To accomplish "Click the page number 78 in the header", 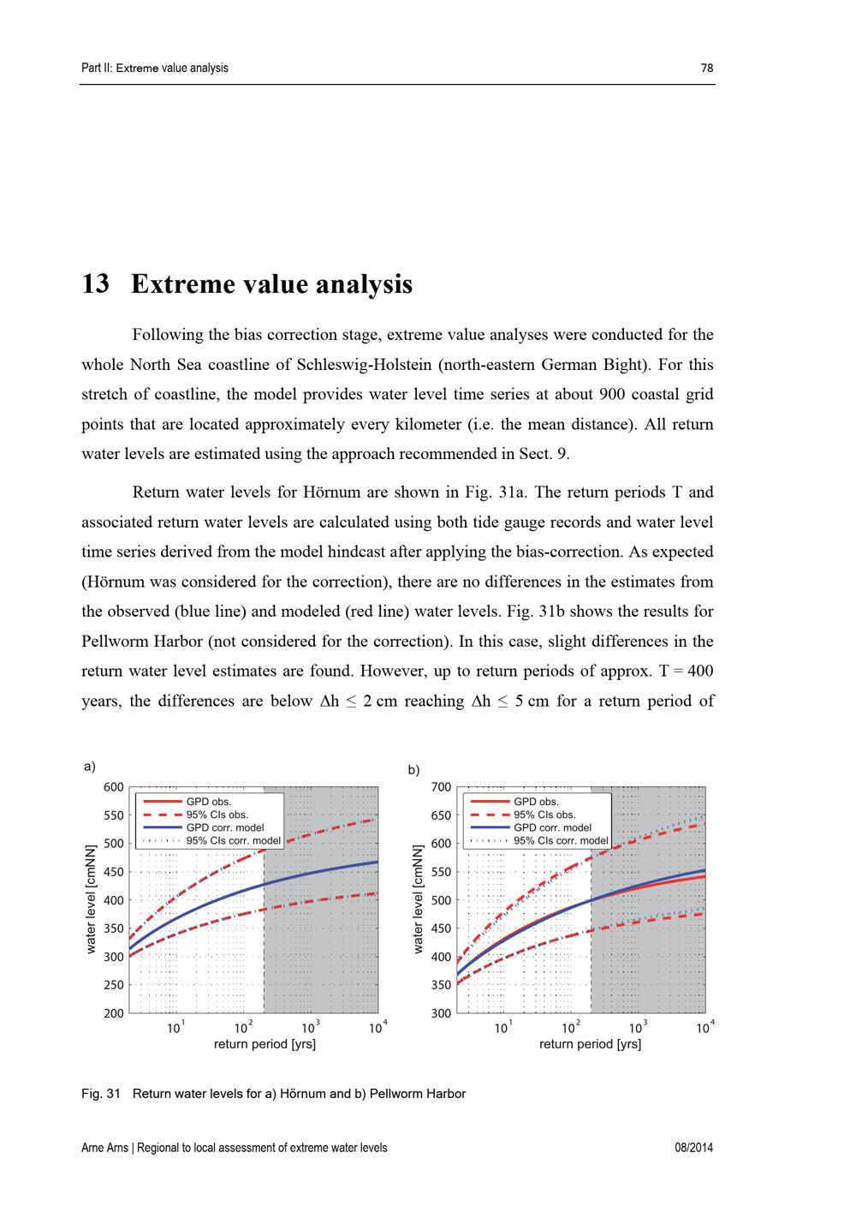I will [706, 69].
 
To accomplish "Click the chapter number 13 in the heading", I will [95, 284].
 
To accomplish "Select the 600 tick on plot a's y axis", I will [114, 787].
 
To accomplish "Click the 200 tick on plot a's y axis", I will [114, 1013].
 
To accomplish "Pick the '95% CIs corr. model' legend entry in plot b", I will [561, 840].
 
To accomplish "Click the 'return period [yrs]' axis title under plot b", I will [590, 1044].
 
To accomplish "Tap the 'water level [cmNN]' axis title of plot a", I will [91, 899].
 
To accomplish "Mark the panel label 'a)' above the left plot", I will [89, 767].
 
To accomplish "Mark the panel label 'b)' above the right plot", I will [413, 770].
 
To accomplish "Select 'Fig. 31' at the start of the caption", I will [101, 1094].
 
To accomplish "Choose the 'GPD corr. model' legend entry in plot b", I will [552, 827].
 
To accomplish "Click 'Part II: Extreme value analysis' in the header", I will [155, 69].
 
